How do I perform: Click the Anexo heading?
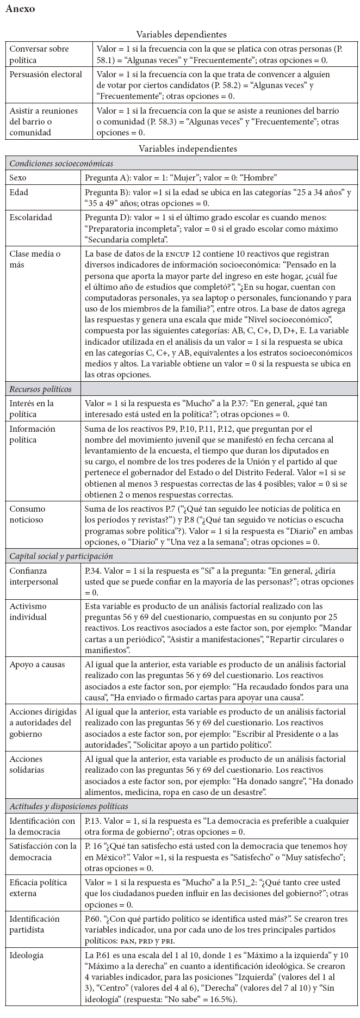[20, 9]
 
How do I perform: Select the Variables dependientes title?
[181, 35]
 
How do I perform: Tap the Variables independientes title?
[181, 148]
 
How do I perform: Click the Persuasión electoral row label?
[46, 75]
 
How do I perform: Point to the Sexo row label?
[18, 177]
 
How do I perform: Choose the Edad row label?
[19, 193]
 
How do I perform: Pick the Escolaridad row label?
[31, 218]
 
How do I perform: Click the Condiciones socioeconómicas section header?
[61, 163]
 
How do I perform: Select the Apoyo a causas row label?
[36, 665]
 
